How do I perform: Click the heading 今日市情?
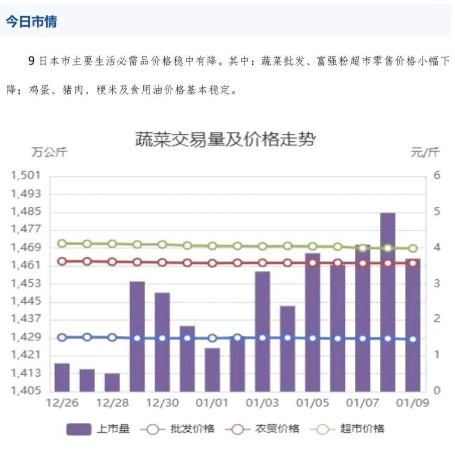[x=31, y=22]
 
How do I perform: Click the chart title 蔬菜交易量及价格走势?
[x=225, y=139]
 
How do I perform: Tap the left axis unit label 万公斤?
[x=49, y=153]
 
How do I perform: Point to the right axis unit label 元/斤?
[x=425, y=153]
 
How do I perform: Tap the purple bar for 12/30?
[x=162, y=342]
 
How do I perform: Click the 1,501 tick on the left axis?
[x=25, y=176]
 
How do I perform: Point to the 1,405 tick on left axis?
[x=25, y=391]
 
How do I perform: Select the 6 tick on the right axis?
[x=436, y=175]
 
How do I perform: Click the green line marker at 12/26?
[x=62, y=243]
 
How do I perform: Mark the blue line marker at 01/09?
[x=412, y=339]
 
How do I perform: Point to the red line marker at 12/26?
[x=62, y=261]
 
